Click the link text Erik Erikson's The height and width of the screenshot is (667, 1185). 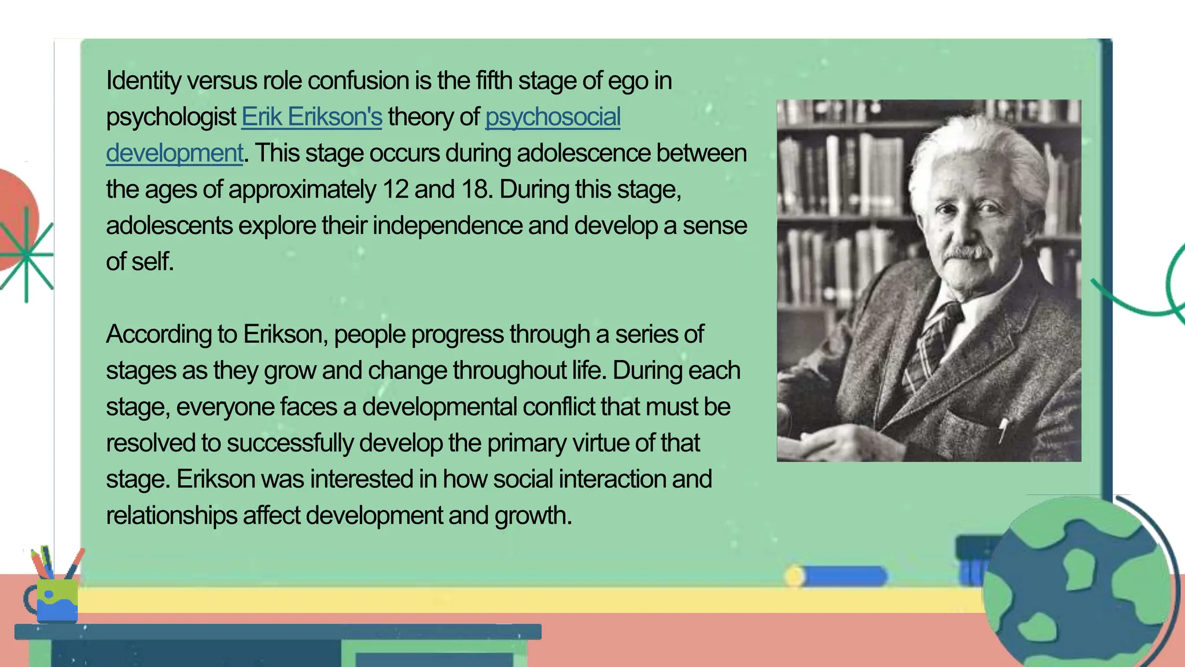(312, 117)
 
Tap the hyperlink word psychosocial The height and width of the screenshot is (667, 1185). (553, 117)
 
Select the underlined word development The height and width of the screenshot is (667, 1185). (174, 153)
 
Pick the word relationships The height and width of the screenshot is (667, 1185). (171, 515)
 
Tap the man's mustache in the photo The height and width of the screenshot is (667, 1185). (966, 252)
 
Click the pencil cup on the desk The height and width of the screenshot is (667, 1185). (56, 599)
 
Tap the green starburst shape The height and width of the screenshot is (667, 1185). (27, 255)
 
